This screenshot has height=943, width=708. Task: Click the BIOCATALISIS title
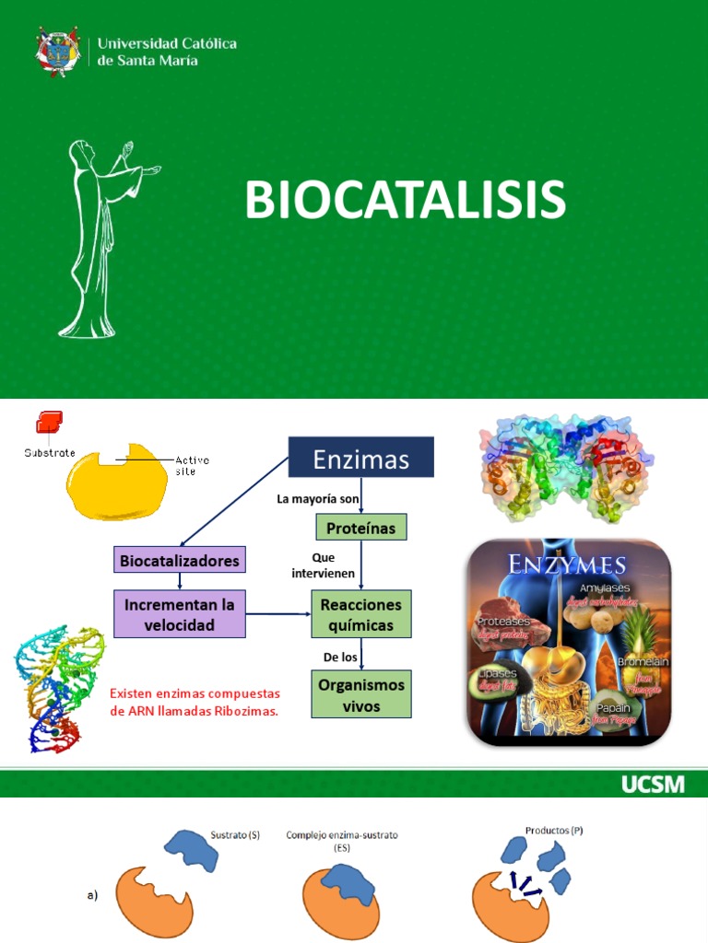(405, 200)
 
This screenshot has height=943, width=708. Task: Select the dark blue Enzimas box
(360, 458)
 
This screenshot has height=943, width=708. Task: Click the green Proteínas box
(361, 527)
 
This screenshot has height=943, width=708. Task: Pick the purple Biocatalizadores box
(179, 560)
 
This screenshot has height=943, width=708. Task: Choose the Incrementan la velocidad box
(180, 614)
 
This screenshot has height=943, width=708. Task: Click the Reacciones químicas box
(361, 614)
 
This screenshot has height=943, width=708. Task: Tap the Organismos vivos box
(361, 694)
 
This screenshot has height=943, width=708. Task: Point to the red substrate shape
(49, 423)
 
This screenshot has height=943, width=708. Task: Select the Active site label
(192, 464)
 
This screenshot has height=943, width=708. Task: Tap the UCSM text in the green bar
(653, 784)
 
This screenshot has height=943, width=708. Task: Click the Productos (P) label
(554, 830)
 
